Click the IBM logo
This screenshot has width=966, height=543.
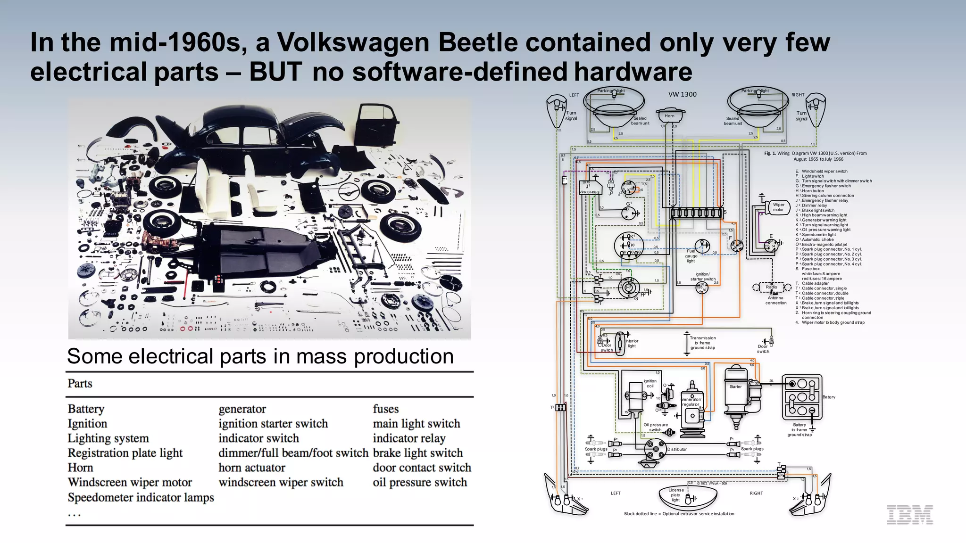pyautogui.click(x=909, y=515)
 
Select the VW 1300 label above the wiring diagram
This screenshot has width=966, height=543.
pyautogui.click(x=682, y=94)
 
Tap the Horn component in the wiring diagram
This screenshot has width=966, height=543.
pyautogui.click(x=669, y=115)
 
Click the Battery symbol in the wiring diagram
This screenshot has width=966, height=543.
pyautogui.click(x=802, y=397)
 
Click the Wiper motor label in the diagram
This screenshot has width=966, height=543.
pyautogui.click(x=778, y=207)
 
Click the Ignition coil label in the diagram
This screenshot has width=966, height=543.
pyautogui.click(x=650, y=383)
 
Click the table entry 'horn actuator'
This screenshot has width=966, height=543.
pyautogui.click(x=251, y=468)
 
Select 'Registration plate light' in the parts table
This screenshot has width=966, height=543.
pyautogui.click(x=125, y=453)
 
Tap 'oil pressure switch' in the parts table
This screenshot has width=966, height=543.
pyautogui.click(x=419, y=482)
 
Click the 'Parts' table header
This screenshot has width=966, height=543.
pyautogui.click(x=80, y=383)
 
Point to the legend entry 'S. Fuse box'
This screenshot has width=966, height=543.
pyautogui.click(x=810, y=269)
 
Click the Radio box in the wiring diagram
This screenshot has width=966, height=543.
pyautogui.click(x=772, y=287)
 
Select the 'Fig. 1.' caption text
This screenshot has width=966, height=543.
pyautogui.click(x=770, y=153)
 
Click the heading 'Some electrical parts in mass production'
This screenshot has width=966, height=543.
pyautogui.click(x=260, y=356)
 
